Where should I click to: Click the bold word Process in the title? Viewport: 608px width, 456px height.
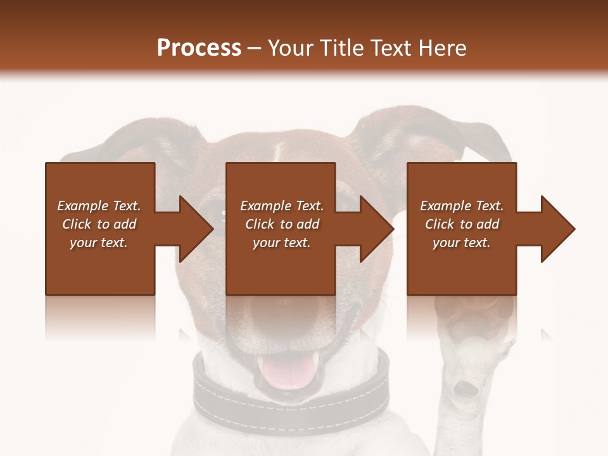coord(199,48)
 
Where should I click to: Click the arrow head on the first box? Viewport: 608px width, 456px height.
coord(196,229)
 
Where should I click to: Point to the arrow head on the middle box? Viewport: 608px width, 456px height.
coord(377,229)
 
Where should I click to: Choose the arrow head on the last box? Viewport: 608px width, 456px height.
coord(558,229)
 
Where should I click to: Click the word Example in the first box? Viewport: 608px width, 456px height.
coord(83,206)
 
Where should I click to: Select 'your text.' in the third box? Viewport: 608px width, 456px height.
coord(461,243)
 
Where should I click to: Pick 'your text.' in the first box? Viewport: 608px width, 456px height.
coord(99,243)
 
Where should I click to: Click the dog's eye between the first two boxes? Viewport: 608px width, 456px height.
coord(222,214)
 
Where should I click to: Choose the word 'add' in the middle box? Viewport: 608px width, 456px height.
coord(308,224)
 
